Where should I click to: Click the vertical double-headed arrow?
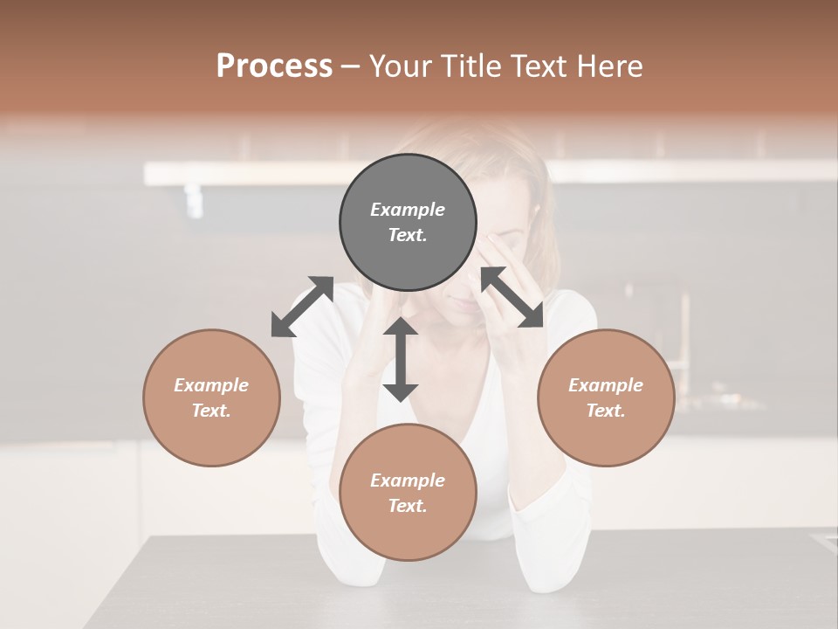tap(401, 359)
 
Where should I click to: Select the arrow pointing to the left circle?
tap(302, 307)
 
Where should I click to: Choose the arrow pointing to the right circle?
tap(512, 297)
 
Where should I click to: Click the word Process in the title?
tap(274, 66)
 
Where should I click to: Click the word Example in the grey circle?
tap(408, 210)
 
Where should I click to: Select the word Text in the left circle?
tap(210, 411)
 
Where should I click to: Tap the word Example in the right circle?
tap(606, 385)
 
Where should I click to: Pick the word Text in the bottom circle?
tap(407, 506)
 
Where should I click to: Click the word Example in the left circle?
tap(211, 385)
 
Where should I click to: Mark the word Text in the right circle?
tap(605, 411)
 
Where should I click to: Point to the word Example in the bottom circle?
tap(408, 480)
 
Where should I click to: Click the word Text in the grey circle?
tap(407, 235)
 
